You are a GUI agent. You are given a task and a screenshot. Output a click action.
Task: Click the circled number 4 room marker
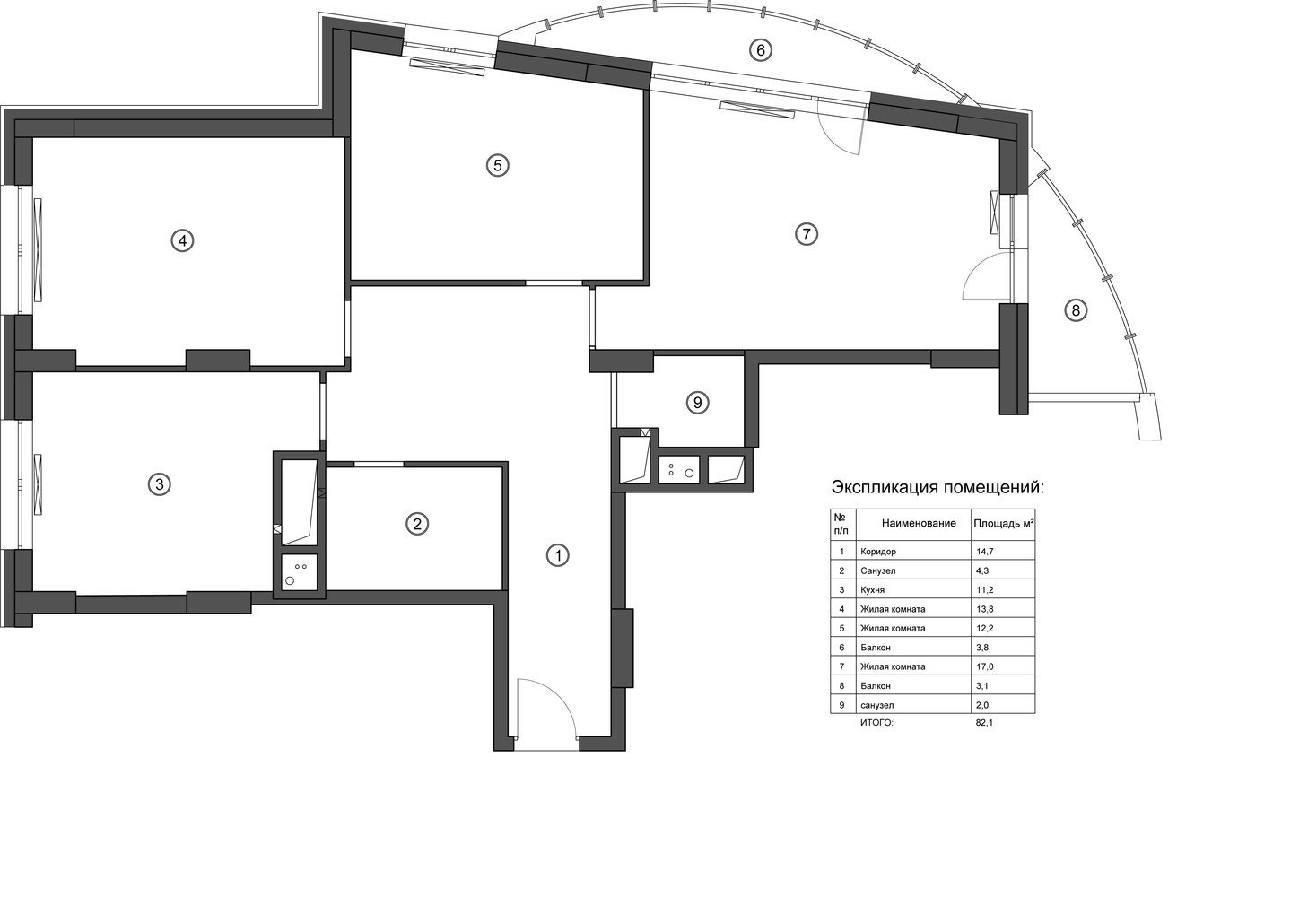click(182, 240)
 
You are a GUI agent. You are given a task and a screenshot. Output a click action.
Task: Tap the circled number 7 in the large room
click(807, 234)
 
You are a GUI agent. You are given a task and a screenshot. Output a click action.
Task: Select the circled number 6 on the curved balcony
click(760, 50)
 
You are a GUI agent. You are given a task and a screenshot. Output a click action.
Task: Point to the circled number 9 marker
click(697, 403)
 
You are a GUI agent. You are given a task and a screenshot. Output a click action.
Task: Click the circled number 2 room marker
click(417, 523)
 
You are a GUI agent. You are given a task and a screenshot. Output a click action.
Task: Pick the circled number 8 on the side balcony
click(1076, 309)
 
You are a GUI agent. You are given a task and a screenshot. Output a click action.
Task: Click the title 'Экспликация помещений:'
click(937, 487)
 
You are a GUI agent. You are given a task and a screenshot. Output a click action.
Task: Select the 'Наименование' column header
click(919, 523)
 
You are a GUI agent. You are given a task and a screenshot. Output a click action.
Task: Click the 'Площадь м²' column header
click(1004, 523)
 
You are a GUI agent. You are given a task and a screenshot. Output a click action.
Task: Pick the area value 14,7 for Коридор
click(984, 552)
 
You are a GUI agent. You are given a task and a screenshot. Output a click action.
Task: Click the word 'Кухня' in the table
click(872, 590)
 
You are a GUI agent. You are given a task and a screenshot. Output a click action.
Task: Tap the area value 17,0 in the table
click(984, 666)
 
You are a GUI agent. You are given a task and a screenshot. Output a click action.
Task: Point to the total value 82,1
click(984, 722)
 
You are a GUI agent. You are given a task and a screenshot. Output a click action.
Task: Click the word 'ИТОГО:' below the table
click(877, 723)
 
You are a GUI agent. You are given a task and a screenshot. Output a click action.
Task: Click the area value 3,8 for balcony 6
click(982, 647)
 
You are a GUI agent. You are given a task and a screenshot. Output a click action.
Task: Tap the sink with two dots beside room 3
click(300, 572)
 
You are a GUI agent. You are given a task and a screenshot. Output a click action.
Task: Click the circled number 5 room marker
click(498, 165)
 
